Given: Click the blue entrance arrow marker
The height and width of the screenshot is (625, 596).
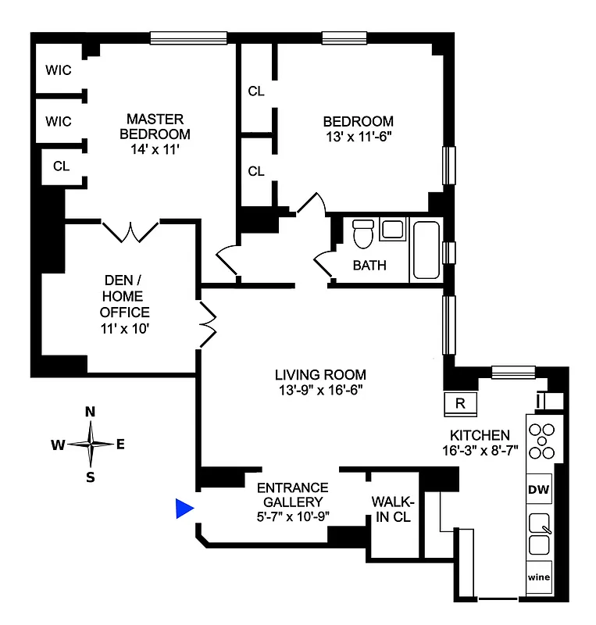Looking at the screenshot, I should click(184, 509).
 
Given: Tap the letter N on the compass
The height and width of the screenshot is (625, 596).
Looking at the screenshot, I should click(91, 412).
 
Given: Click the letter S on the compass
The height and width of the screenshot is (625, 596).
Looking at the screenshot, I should click(91, 477).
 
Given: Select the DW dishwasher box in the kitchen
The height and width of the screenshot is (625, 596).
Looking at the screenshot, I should click(540, 490).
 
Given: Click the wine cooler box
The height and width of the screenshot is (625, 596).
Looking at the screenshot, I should click(539, 578).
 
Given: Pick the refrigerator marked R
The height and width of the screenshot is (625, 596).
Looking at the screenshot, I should click(460, 403).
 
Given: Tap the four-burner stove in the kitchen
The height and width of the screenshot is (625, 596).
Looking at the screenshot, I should click(540, 441).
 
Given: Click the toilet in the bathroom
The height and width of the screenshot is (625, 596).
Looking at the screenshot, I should click(362, 234).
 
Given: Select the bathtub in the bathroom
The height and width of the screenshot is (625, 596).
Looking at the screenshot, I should click(426, 250).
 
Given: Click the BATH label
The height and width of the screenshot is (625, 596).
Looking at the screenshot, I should click(369, 265).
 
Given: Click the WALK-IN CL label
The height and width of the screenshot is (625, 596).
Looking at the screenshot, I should click(394, 509).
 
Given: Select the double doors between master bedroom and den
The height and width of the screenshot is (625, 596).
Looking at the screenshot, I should click(130, 230).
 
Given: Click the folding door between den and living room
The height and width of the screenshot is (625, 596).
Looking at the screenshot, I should click(209, 322).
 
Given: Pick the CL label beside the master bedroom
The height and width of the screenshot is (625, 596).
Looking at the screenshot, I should click(61, 166).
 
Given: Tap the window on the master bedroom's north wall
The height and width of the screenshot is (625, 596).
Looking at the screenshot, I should click(188, 37).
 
